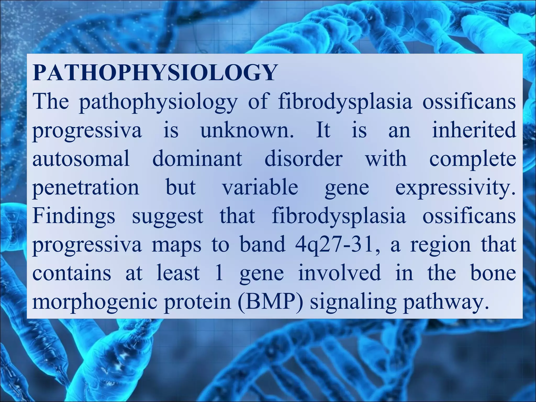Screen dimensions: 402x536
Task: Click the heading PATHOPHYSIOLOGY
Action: coord(154,73)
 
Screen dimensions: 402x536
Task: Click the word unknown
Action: coord(247,130)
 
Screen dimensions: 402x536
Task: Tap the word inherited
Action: coord(474,130)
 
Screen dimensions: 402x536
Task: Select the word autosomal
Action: coord(81,159)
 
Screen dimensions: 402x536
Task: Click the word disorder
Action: coord(303,159)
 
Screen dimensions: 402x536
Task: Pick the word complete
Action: coord(473,159)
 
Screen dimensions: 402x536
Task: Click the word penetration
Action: coord(86,187)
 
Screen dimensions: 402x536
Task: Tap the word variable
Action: coord(260,187)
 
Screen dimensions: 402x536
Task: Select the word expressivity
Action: coord(455,187)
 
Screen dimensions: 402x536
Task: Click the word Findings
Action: coord(74,216)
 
